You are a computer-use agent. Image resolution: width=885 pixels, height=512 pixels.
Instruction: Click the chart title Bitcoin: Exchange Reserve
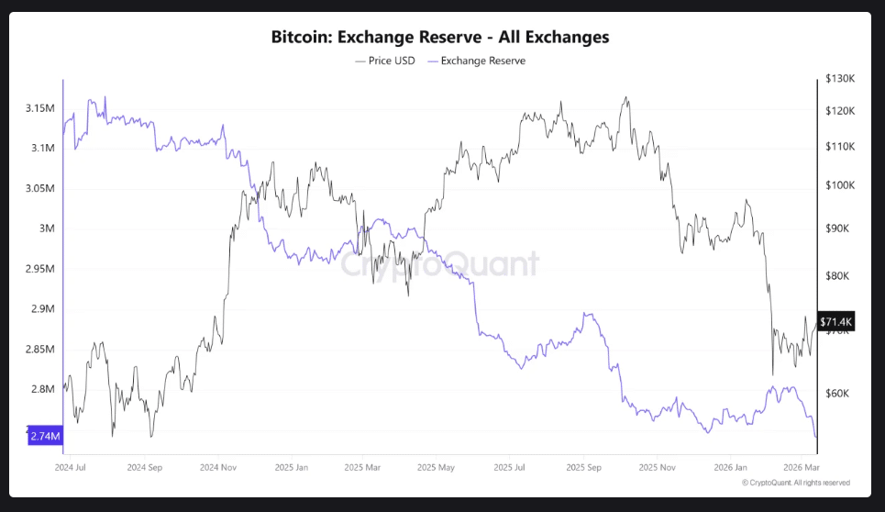[x=440, y=38]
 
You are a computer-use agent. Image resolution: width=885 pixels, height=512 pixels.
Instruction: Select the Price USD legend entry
[x=385, y=61]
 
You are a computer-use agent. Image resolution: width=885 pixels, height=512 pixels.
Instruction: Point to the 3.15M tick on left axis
[x=40, y=108]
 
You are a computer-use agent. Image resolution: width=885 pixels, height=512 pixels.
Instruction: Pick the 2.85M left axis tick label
[x=40, y=349]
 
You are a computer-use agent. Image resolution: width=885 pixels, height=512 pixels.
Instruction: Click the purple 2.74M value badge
[x=45, y=437]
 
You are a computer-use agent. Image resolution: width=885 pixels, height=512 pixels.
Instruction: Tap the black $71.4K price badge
[x=836, y=322]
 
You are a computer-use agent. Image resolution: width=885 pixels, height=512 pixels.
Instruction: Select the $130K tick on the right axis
[x=839, y=79]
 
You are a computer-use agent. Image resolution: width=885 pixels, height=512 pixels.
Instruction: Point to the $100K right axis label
[x=839, y=185]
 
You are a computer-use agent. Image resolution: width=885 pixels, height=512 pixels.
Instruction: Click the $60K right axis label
[x=837, y=394]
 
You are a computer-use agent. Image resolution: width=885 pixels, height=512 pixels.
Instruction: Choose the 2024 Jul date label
[x=71, y=466]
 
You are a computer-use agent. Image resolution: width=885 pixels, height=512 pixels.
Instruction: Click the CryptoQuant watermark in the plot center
[x=440, y=264]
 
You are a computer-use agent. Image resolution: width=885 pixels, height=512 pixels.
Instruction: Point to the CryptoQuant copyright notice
[x=795, y=483]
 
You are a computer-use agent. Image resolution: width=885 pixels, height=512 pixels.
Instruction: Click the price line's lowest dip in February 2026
[x=772, y=374]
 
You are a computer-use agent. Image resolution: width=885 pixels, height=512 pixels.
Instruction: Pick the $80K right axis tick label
[x=837, y=275]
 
